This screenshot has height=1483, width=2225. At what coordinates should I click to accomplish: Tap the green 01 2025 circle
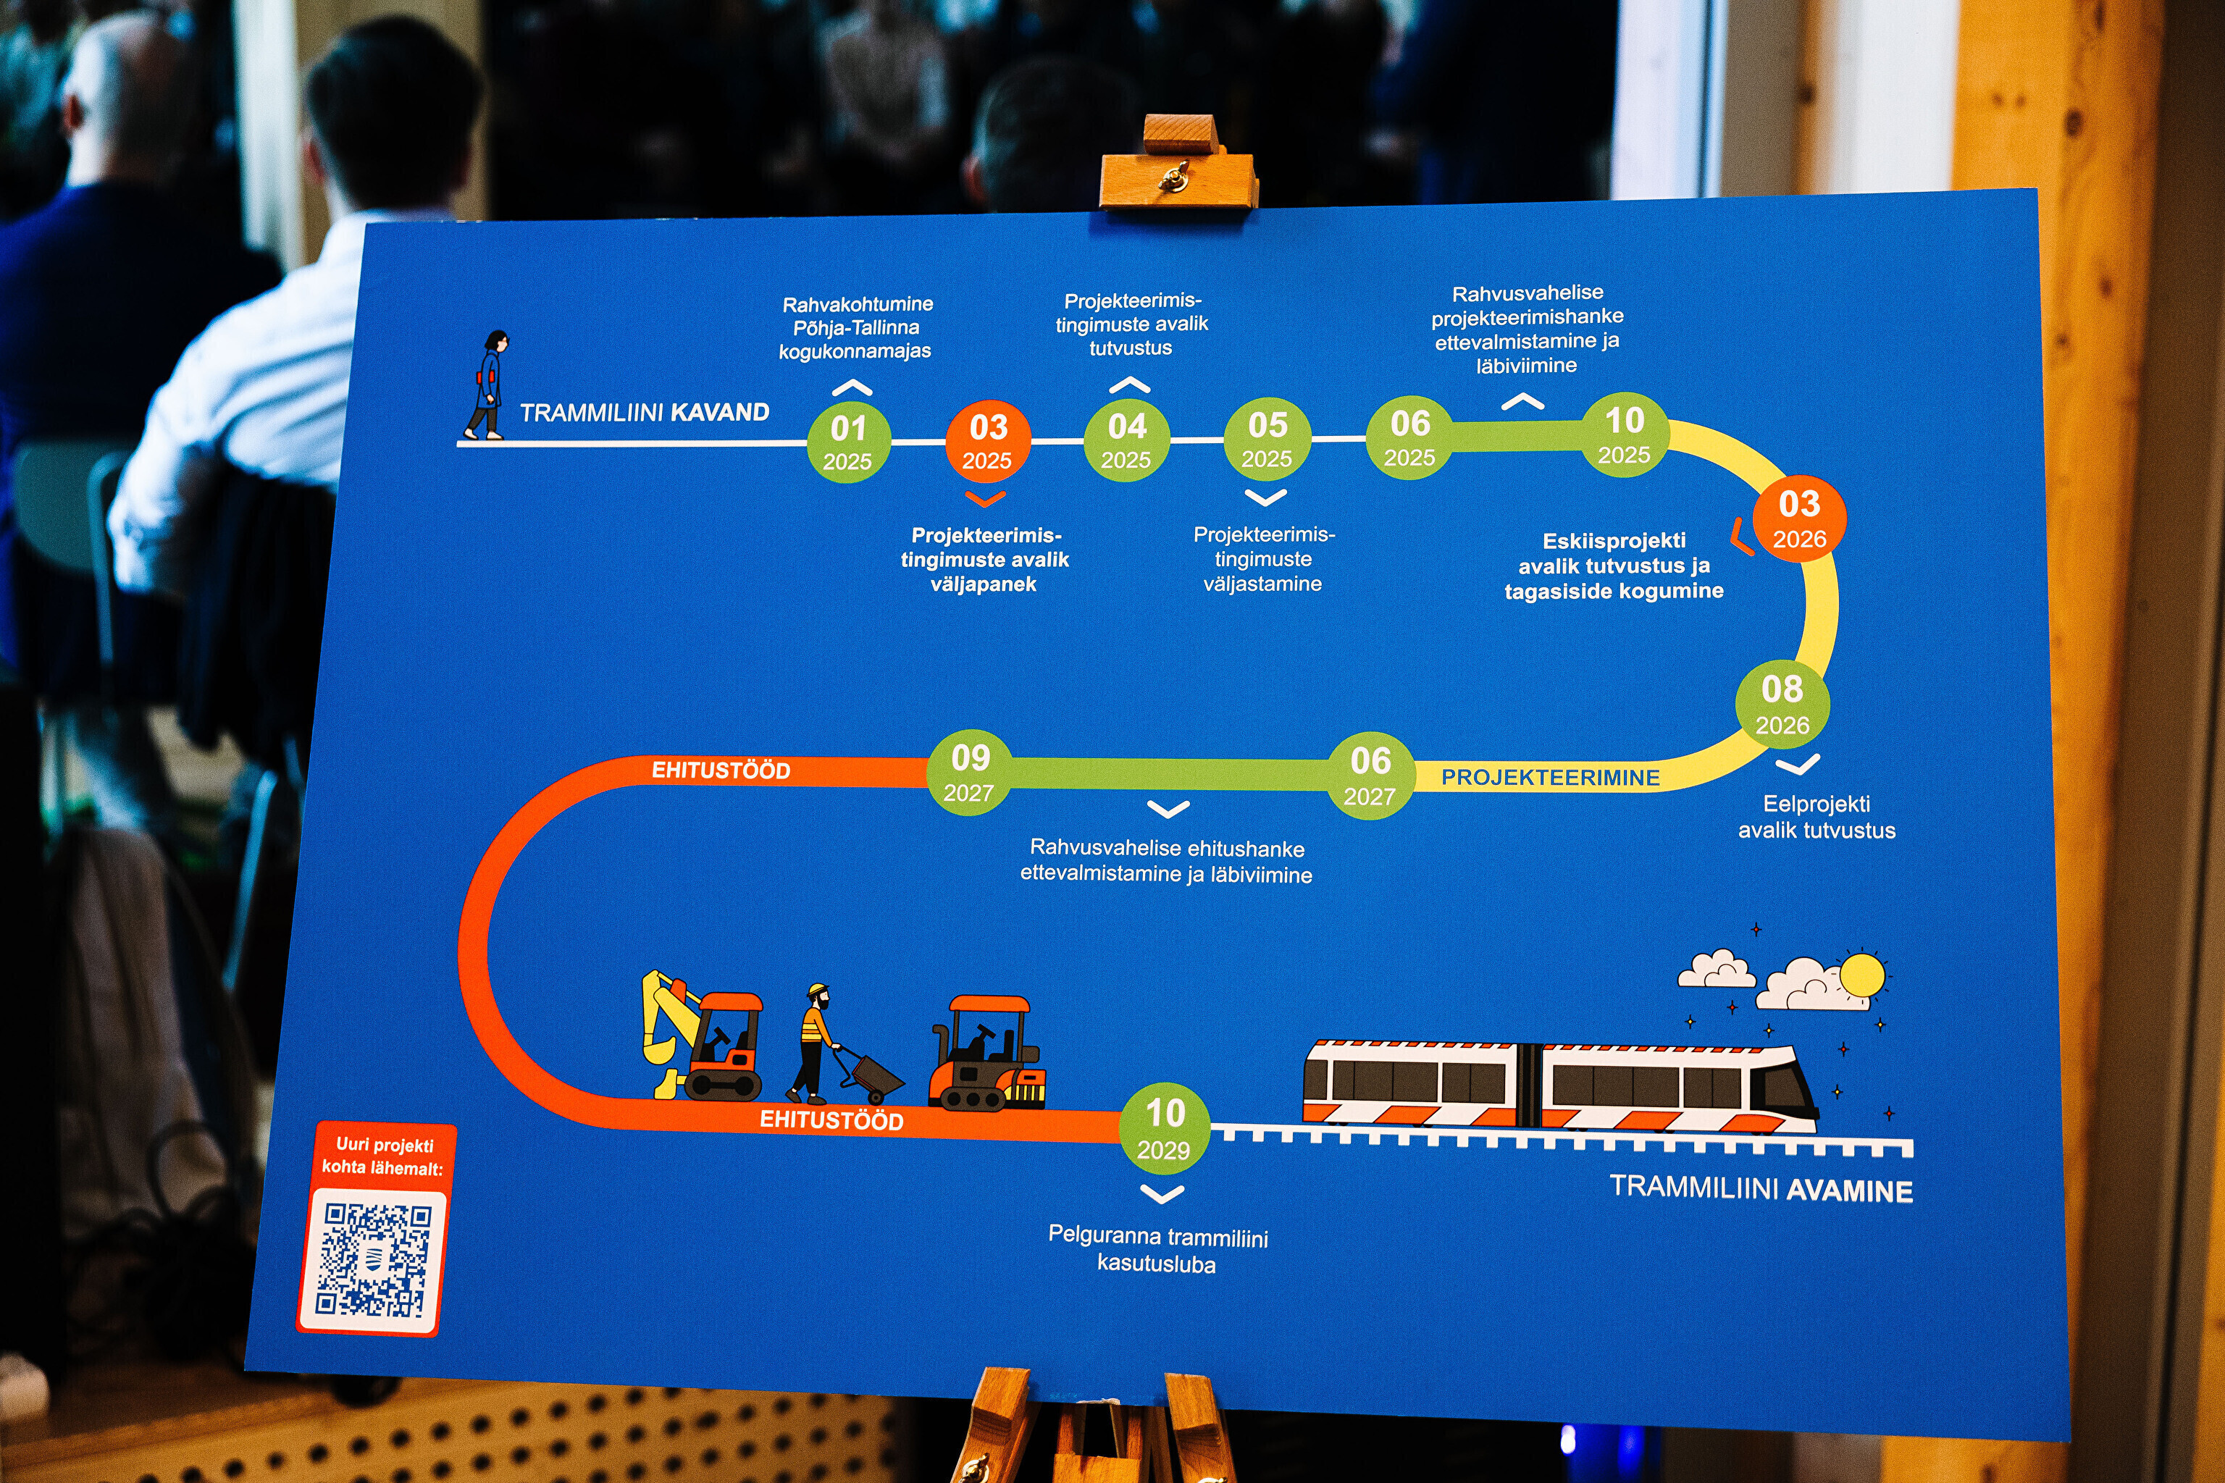849,442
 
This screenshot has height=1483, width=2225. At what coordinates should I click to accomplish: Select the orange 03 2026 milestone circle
1799,518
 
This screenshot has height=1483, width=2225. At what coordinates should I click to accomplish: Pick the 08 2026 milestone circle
1782,705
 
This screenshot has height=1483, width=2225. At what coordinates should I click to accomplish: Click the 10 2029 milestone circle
1165,1128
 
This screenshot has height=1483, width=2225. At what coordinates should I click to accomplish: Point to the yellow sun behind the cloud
1861,975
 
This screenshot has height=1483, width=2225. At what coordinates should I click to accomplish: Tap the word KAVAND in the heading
720,412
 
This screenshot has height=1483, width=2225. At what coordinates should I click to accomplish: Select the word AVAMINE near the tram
1849,1190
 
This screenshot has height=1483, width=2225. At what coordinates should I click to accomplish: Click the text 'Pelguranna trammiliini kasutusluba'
1158,1249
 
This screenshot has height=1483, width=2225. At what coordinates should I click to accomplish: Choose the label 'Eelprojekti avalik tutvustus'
1817,817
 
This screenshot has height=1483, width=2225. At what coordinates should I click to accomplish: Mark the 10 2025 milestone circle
1625,435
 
